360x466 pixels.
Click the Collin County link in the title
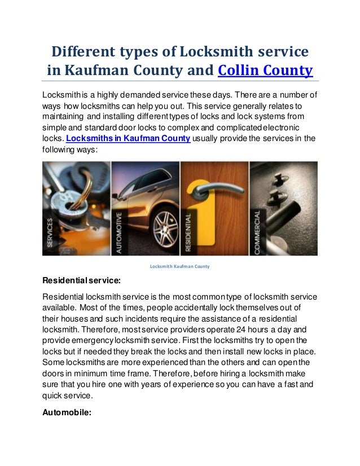pos(265,72)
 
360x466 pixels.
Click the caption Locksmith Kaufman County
pos(180,266)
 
